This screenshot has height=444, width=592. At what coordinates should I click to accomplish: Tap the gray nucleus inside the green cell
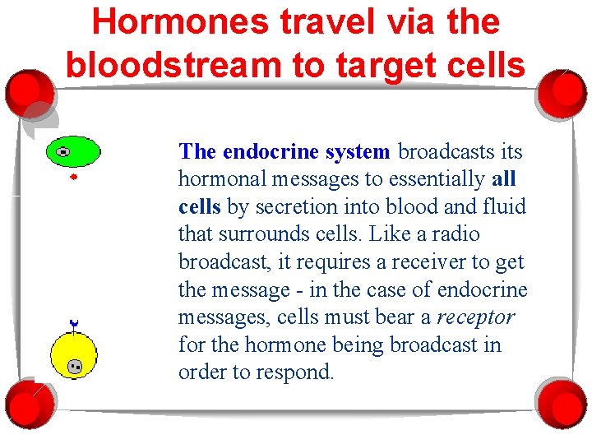point(62,151)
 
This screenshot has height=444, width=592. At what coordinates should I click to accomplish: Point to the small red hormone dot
point(73,177)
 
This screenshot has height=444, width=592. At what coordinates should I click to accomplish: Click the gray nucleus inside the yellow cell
point(76,367)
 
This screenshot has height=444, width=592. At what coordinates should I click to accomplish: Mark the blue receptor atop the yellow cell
point(73,324)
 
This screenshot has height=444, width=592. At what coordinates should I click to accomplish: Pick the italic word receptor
point(475,317)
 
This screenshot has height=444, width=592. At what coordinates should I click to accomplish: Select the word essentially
point(439,179)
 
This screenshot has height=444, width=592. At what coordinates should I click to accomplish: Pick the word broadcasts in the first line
point(447,151)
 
